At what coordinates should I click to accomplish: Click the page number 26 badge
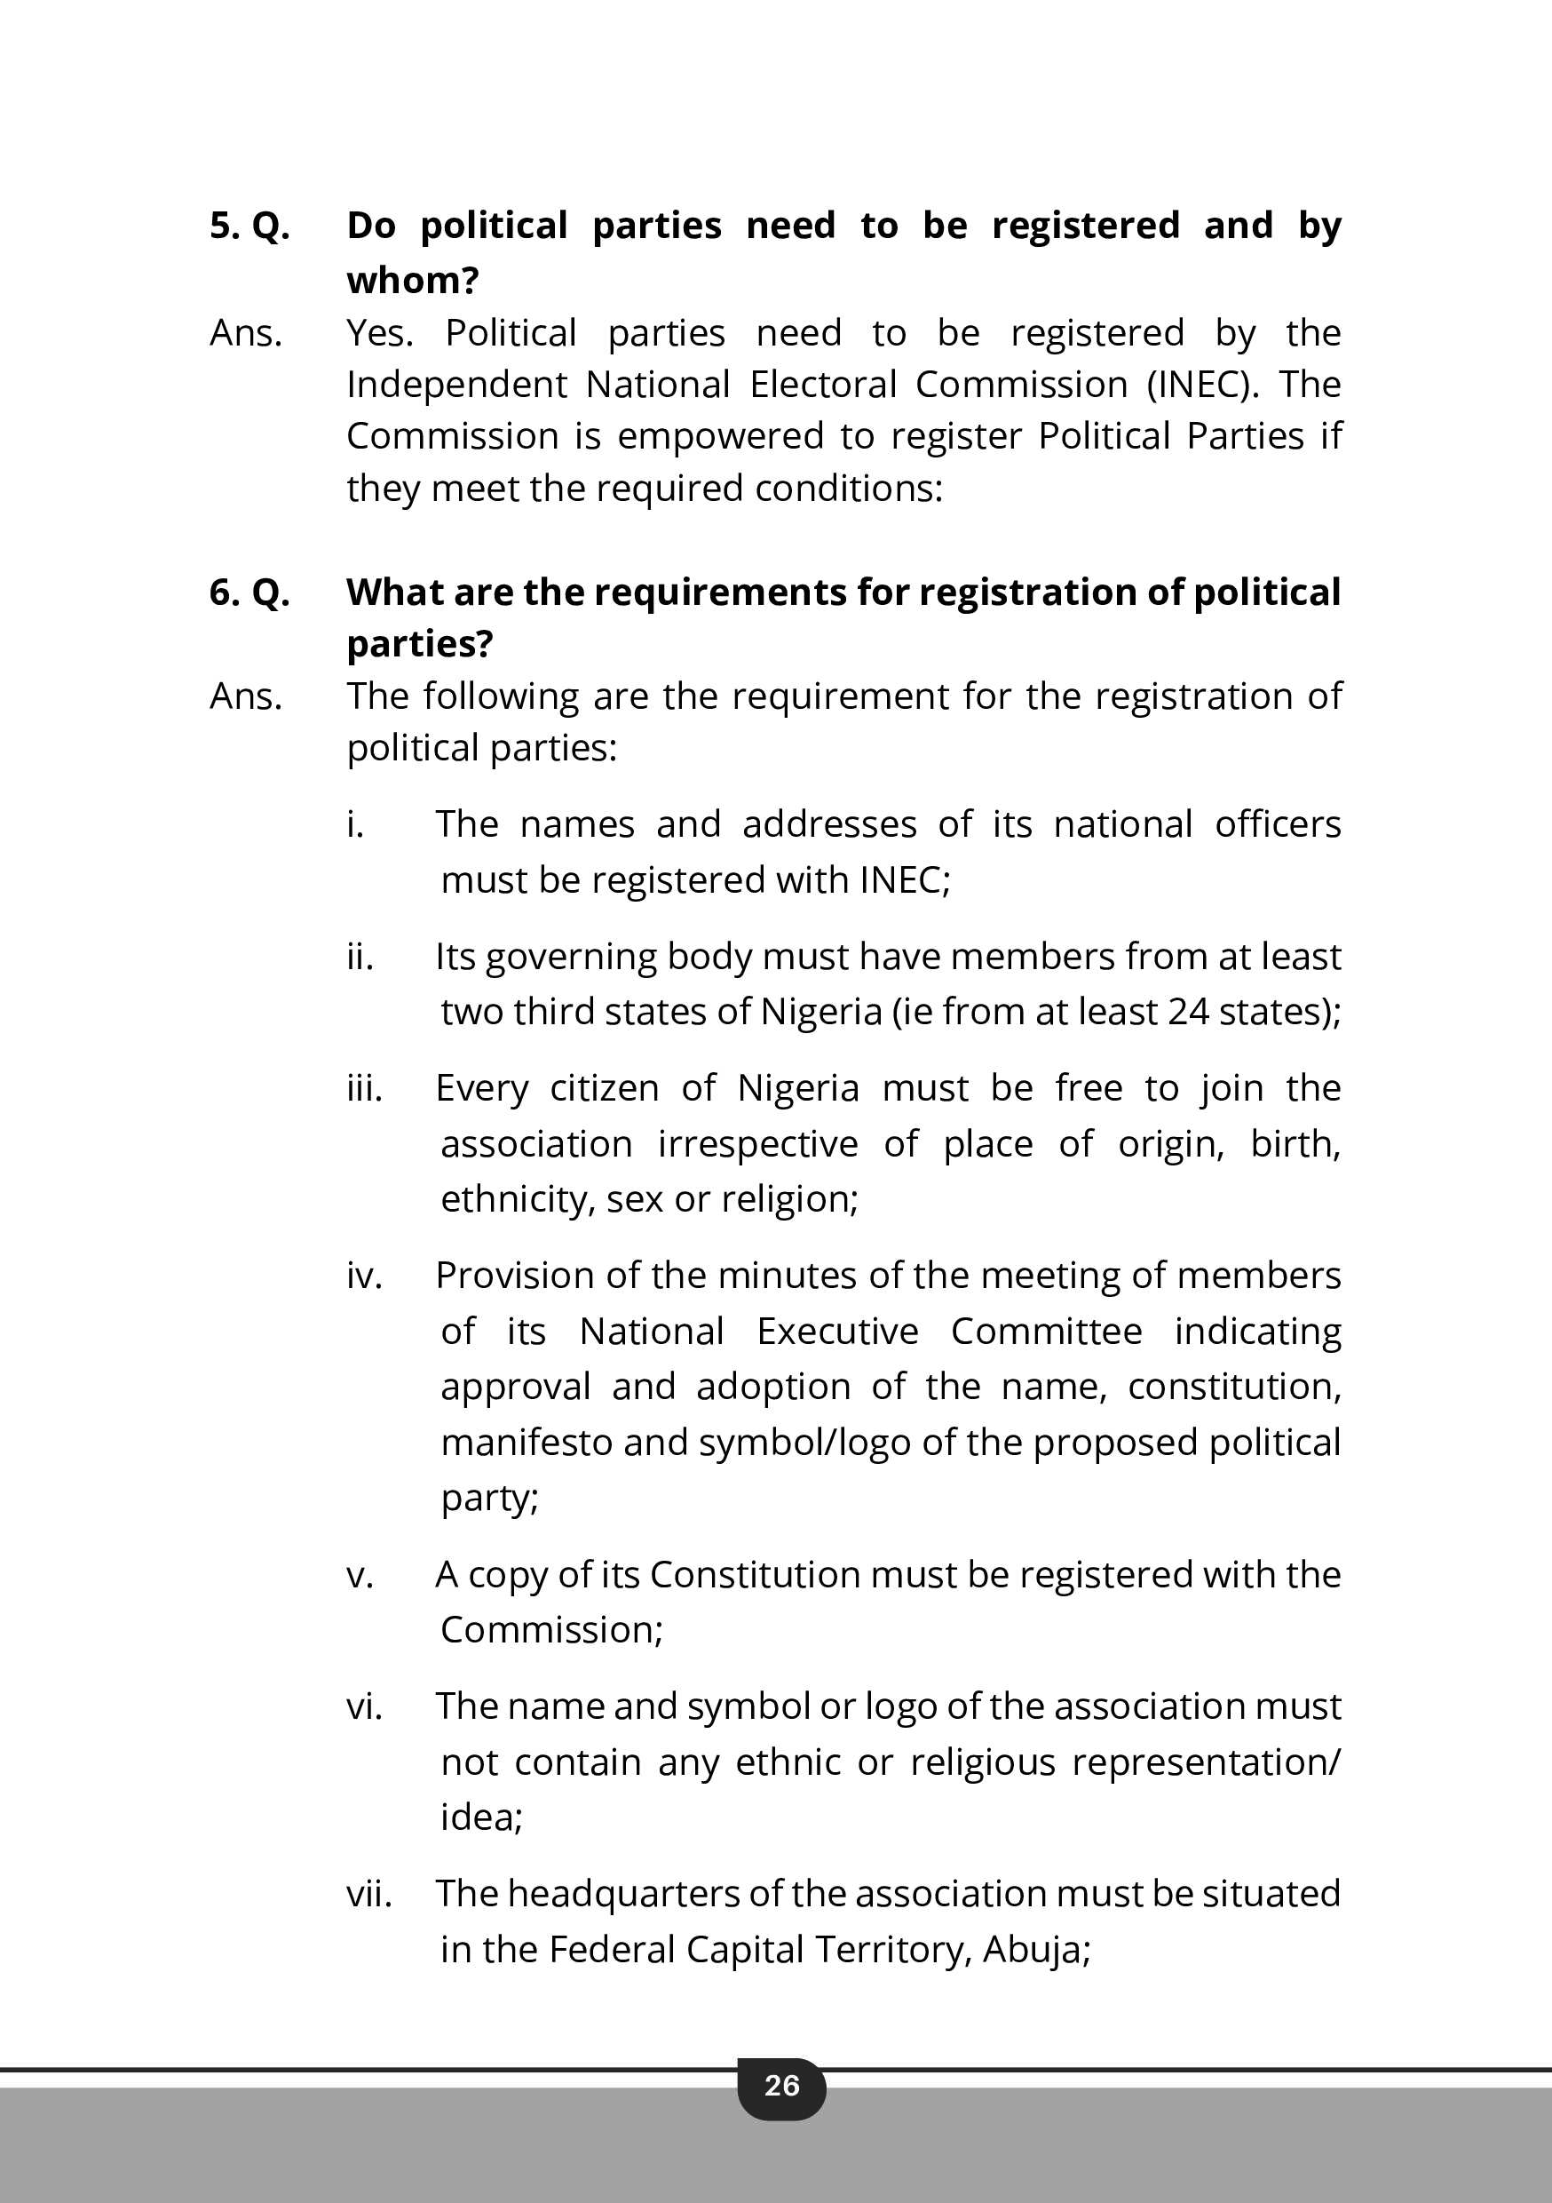[x=780, y=2085]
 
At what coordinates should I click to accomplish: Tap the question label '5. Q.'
[x=249, y=226]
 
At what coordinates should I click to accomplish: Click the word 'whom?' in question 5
[x=413, y=280]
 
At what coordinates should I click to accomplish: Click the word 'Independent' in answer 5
[x=457, y=385]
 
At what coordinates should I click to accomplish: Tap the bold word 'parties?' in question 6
[x=419, y=644]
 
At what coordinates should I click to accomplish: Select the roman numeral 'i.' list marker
[x=356, y=824]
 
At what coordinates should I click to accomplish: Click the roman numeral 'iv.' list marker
[x=365, y=1276]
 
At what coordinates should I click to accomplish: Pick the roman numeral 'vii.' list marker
[x=369, y=1894]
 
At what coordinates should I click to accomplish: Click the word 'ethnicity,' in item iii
[x=518, y=1199]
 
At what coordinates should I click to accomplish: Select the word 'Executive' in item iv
[x=837, y=1332]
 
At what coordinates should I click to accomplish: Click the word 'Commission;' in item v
[x=551, y=1630]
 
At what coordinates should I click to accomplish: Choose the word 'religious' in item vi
[x=982, y=1762]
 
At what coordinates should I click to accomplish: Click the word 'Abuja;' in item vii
[x=1037, y=1950]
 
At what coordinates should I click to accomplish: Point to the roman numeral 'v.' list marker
[x=360, y=1576]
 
